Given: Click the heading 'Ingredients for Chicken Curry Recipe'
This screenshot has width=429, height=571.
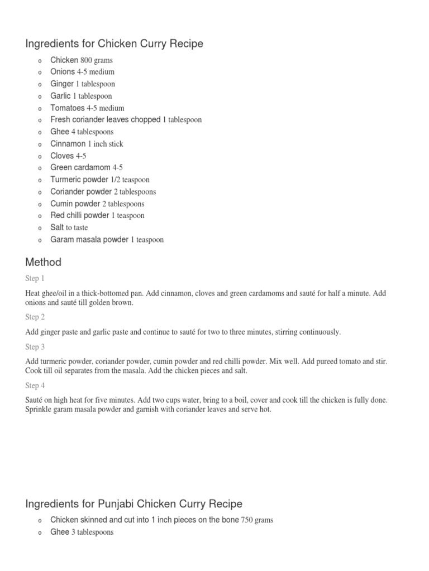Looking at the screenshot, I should click(x=114, y=43).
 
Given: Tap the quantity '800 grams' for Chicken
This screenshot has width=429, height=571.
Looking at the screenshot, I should click(x=97, y=60).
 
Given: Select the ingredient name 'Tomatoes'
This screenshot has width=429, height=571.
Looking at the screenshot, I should click(x=68, y=108).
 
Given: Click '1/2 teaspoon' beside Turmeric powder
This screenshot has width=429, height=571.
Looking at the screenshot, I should click(x=130, y=180).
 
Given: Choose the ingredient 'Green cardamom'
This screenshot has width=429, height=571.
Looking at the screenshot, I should click(x=80, y=168).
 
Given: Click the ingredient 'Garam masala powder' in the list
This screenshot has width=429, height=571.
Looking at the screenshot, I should click(x=89, y=240).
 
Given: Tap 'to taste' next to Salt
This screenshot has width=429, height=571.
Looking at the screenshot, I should click(x=77, y=228).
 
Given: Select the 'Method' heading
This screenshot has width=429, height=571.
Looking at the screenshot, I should click(x=44, y=262).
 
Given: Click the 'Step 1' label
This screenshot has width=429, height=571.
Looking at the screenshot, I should click(x=35, y=278).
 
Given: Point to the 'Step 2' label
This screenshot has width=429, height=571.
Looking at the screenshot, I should click(x=35, y=317).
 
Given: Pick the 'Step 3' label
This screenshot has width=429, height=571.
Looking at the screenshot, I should click(x=35, y=347).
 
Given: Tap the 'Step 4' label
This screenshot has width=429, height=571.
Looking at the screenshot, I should click(x=35, y=386).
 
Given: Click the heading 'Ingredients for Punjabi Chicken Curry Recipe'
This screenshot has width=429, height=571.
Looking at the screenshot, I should click(x=134, y=504).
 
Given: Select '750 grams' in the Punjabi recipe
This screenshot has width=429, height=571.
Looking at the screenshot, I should click(x=256, y=520).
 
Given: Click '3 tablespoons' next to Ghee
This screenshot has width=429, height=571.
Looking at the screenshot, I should click(x=93, y=533).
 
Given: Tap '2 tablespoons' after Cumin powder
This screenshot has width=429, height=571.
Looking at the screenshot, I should click(x=123, y=204).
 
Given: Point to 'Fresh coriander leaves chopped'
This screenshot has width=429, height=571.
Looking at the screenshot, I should click(x=105, y=120).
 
